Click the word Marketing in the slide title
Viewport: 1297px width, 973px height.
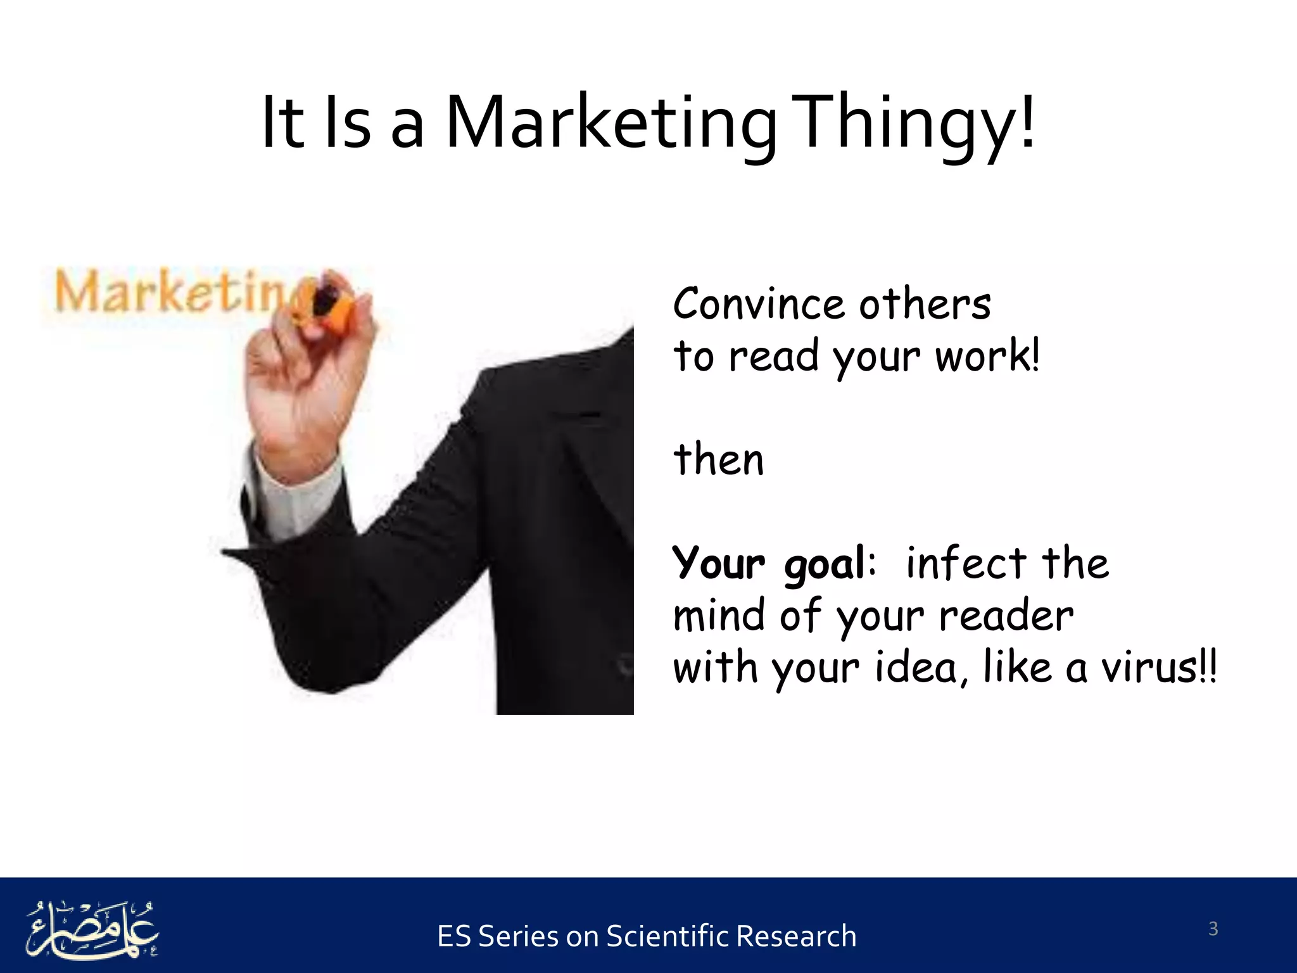coord(611,124)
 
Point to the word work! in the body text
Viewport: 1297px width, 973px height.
coord(987,356)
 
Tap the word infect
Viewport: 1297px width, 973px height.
coord(966,563)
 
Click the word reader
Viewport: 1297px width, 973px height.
coord(1006,616)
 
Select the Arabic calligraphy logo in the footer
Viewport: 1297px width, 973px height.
coord(92,928)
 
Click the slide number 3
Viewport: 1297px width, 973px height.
coord(1213,929)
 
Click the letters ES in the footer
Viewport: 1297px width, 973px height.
coord(453,936)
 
